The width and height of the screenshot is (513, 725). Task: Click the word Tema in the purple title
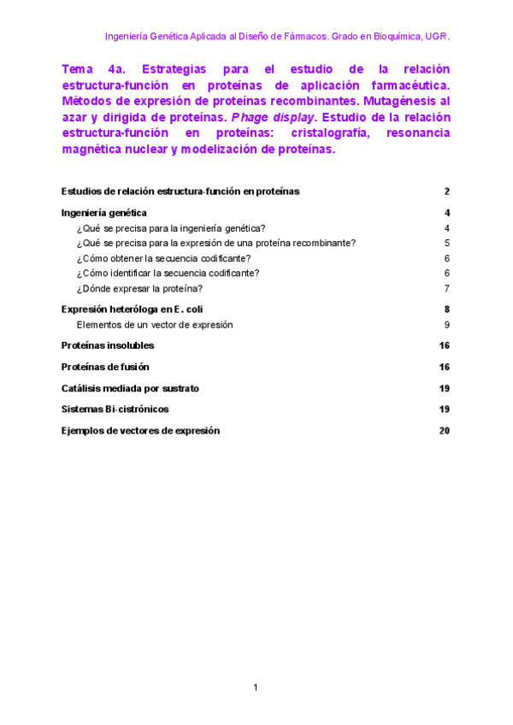coord(79,69)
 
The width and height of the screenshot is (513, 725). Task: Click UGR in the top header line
coord(436,37)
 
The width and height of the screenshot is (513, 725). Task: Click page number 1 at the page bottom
coord(256,687)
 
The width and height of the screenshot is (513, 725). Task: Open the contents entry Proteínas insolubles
coord(108,345)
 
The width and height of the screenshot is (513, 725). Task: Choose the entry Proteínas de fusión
coord(105,367)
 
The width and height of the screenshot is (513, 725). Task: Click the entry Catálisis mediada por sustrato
coord(130,388)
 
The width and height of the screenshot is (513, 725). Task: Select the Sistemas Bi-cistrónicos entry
coord(115,410)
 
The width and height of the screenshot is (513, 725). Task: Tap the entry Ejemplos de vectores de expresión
coord(140,431)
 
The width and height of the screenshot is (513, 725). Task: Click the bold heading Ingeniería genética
coord(104,213)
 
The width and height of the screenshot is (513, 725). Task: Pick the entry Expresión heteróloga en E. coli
coord(132,309)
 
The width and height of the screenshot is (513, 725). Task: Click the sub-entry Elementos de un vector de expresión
coord(155,325)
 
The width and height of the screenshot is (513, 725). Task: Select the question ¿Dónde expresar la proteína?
coord(139,289)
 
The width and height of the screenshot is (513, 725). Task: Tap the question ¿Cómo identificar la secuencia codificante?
coord(168,274)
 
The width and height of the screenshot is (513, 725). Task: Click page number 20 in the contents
coord(445,431)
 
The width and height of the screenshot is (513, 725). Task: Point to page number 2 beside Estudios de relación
coord(447,192)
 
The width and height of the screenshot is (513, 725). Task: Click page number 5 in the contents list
coord(447,243)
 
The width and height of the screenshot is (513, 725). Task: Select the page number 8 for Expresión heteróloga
coord(447,309)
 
